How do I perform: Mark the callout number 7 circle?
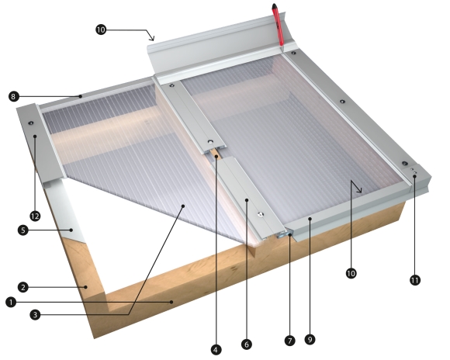pos(291,340)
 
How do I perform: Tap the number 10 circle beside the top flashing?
pos(101,30)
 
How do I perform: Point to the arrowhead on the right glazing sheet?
pos(358,189)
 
